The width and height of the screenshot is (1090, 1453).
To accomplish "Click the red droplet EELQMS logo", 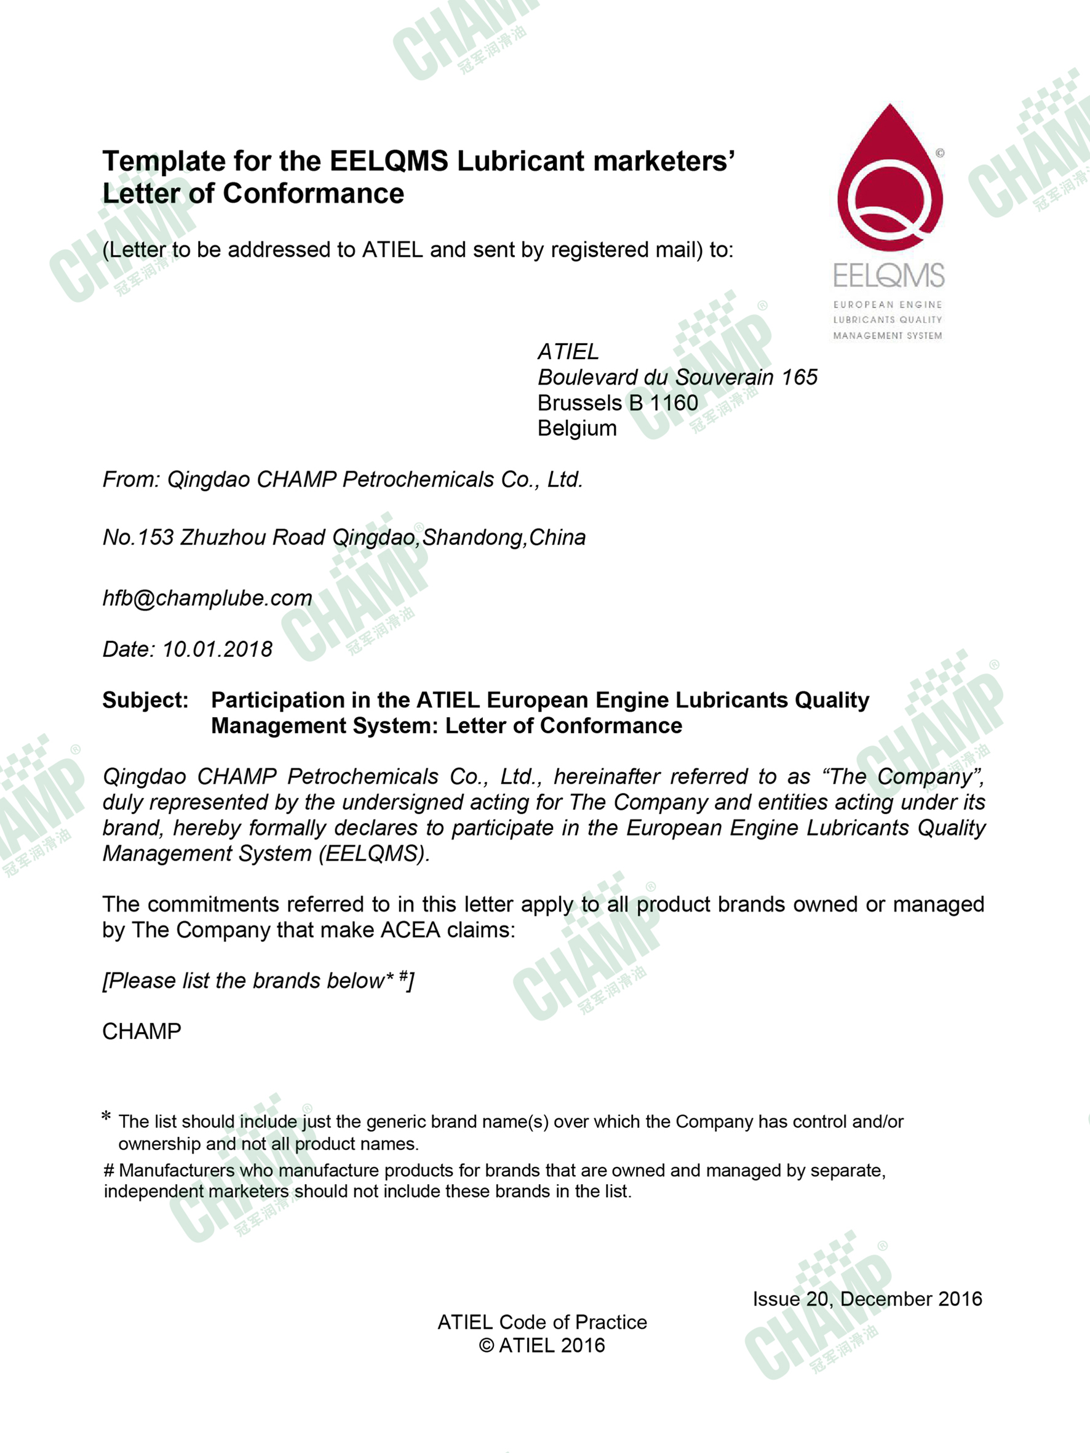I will point(889,181).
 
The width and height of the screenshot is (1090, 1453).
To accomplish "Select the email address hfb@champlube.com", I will point(207,599).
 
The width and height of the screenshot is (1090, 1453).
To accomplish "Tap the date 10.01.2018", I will point(217,650).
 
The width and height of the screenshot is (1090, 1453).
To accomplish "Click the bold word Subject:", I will point(145,700).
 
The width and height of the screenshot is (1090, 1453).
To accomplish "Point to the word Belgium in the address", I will point(577,428).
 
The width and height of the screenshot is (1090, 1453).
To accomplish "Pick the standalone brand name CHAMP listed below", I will point(141,1031).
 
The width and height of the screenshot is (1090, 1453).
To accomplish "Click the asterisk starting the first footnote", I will point(106,1117).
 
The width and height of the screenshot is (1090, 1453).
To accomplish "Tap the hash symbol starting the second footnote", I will point(109,1171).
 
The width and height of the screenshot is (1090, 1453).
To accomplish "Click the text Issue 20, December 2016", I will point(867,1299).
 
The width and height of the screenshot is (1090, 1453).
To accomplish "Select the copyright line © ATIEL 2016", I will point(542,1345).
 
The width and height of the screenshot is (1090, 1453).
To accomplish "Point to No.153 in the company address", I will point(137,537).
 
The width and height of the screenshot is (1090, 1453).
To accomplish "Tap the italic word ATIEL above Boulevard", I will point(568,352).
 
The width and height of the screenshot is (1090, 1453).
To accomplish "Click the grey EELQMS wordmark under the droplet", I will point(888,275).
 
